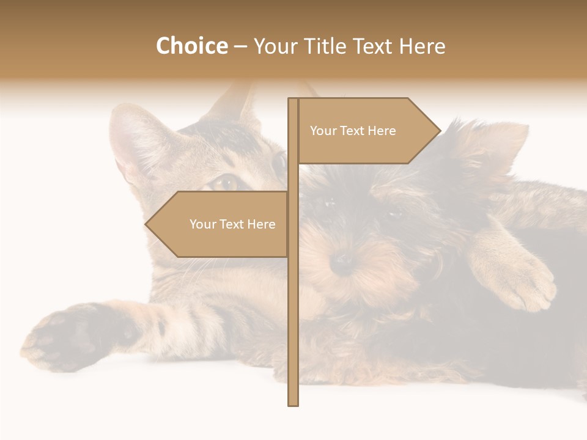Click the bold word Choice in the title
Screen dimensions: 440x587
191,46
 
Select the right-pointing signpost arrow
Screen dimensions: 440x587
367,131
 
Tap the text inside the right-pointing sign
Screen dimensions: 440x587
353,131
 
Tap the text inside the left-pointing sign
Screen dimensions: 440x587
232,224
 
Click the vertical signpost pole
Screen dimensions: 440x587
293,306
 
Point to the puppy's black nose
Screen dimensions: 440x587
342,263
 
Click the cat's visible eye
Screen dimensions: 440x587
227,182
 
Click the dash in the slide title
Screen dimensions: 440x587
240,47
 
